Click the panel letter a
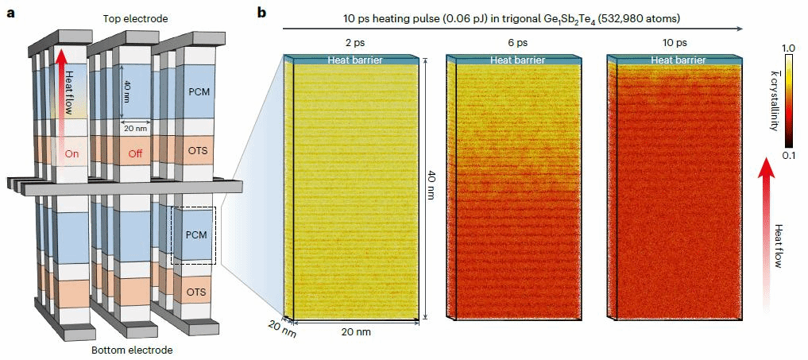click(10, 13)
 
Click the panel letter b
click(261, 13)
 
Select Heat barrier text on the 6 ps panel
click(512, 60)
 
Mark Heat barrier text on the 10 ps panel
click(674, 60)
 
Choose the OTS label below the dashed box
click(195, 292)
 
